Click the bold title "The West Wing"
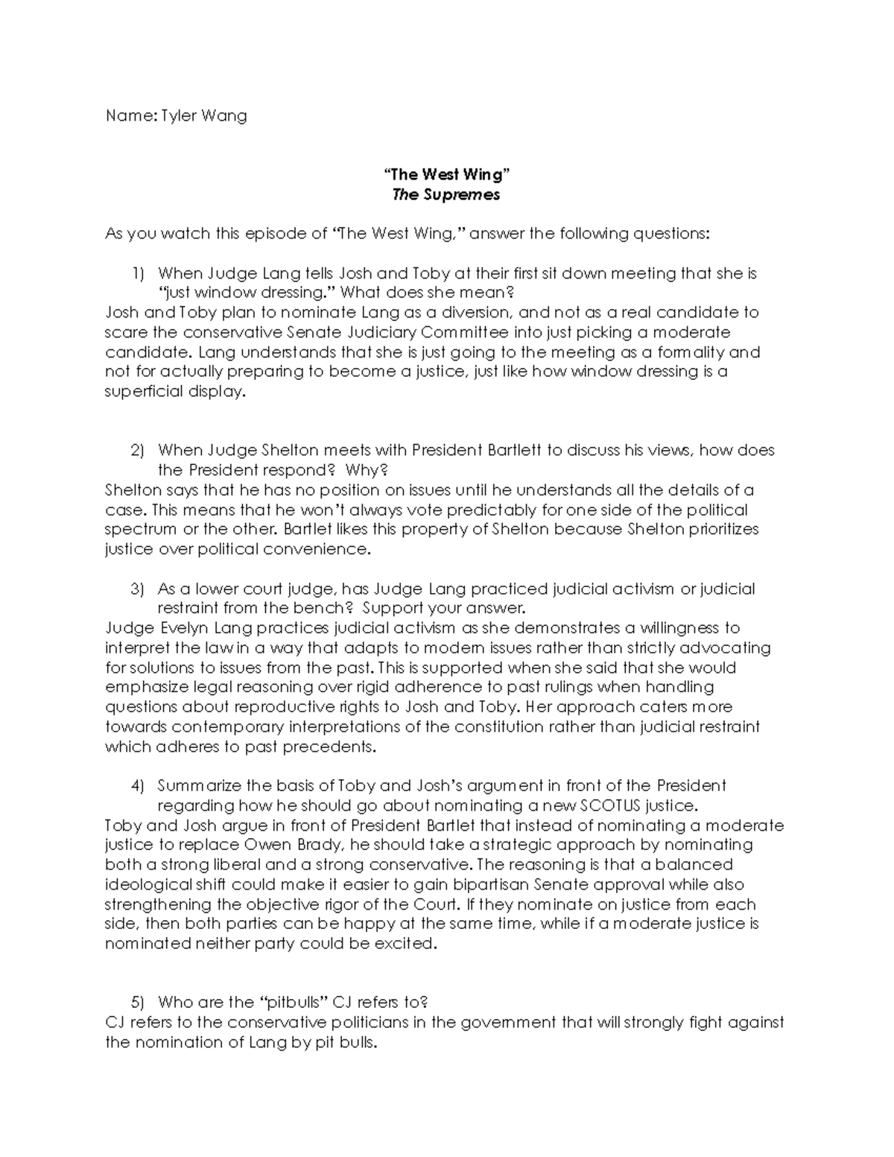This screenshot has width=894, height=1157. (446, 174)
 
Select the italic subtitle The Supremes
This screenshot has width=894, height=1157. (446, 194)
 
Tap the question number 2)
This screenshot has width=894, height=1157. (137, 450)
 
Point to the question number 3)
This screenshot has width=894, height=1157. (137, 589)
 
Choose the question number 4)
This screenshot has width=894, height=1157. (137, 785)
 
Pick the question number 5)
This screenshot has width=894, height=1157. (137, 1002)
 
